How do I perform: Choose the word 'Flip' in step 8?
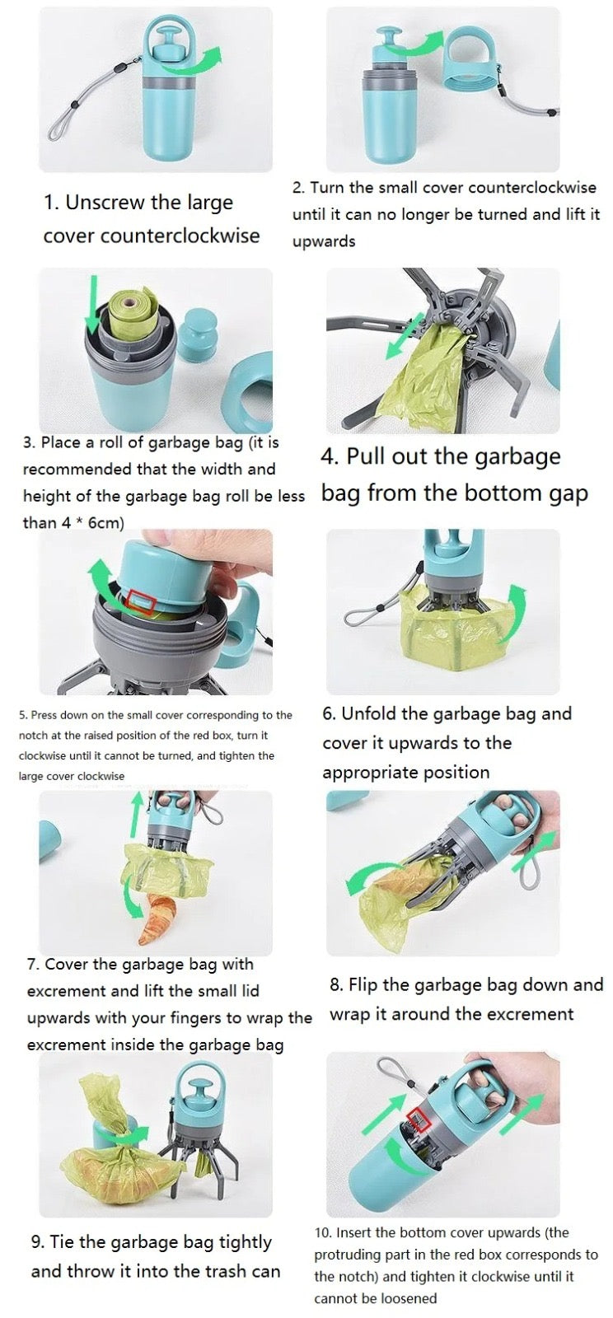363,985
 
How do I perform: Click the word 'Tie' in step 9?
66,1242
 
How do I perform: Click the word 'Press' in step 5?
44,715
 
